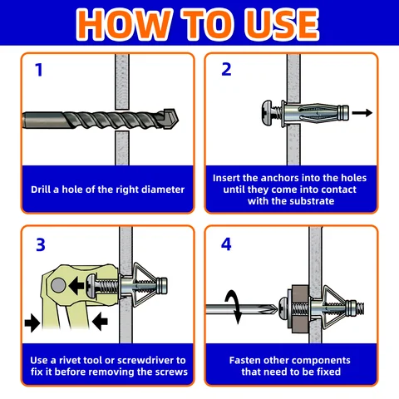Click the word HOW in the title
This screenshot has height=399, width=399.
(123, 24)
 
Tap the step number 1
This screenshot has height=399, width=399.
(39, 70)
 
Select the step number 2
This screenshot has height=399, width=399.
(226, 70)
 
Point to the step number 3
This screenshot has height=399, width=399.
(41, 244)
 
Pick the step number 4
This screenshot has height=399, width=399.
(226, 244)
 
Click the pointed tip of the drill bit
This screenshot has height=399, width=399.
(178, 120)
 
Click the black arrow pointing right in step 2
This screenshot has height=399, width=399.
(362, 113)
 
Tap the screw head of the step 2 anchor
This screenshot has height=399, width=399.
(267, 112)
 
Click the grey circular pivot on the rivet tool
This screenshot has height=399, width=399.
(58, 285)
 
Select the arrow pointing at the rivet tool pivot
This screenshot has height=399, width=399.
(76, 285)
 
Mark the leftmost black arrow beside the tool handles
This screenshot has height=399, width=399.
(32, 323)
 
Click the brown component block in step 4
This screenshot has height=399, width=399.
(301, 309)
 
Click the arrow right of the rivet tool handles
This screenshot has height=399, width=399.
(100, 322)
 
